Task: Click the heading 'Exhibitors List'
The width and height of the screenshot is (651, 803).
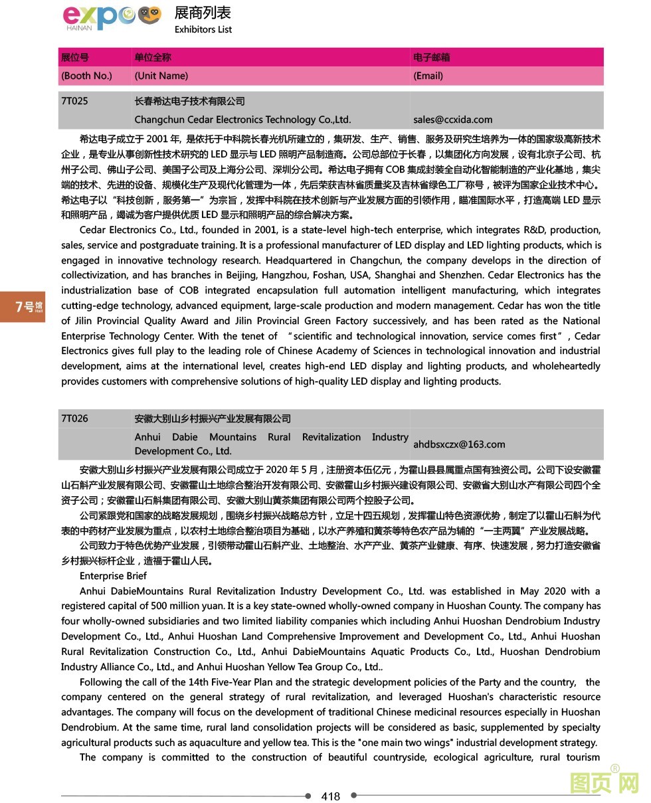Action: (x=203, y=29)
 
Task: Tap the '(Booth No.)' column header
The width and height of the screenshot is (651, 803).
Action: (x=86, y=76)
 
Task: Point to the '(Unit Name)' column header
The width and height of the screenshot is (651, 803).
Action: (x=161, y=76)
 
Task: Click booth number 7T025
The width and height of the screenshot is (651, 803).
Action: (x=74, y=101)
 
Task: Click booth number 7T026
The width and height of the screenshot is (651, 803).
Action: (x=74, y=418)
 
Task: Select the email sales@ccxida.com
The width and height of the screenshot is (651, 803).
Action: (x=452, y=120)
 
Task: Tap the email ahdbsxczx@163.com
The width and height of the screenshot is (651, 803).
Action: (x=459, y=444)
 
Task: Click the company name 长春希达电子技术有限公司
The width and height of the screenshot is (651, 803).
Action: (x=189, y=101)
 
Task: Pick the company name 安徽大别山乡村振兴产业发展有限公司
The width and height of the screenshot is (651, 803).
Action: (x=213, y=418)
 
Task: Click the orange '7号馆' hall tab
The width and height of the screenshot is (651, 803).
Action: (x=23, y=307)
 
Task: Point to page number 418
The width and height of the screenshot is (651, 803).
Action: (x=330, y=796)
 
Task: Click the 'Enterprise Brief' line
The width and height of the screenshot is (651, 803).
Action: (x=113, y=576)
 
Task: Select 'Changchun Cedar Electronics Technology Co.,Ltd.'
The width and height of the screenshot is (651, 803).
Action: (x=242, y=120)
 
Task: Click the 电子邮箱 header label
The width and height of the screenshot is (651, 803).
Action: (x=431, y=57)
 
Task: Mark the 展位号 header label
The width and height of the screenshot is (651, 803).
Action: (x=74, y=57)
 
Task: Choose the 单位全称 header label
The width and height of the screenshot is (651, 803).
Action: (x=152, y=57)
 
